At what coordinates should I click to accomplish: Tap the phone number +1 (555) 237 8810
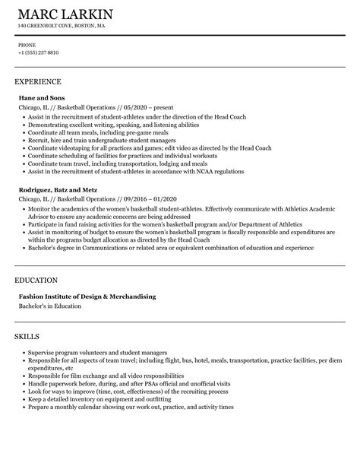click(38, 52)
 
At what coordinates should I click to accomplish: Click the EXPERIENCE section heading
click(38, 81)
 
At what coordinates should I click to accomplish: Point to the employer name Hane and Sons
click(41, 98)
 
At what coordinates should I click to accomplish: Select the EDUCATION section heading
click(37, 280)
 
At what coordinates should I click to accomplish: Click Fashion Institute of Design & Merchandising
click(87, 297)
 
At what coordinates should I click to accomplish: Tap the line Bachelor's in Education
click(49, 306)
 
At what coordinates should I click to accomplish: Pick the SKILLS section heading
click(27, 335)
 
